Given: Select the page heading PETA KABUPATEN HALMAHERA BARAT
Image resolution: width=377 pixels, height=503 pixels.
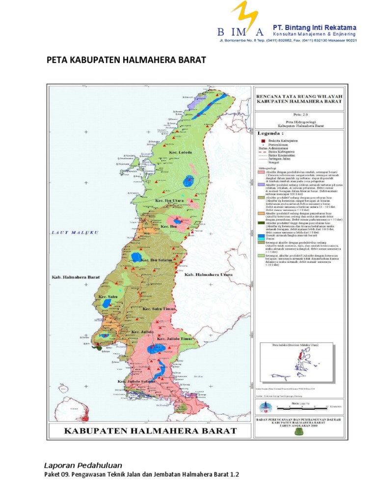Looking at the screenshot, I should [125, 60].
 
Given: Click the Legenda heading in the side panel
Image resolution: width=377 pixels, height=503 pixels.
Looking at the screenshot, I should [271, 133].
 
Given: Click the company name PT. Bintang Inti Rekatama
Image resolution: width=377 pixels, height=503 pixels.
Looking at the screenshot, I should [314, 27].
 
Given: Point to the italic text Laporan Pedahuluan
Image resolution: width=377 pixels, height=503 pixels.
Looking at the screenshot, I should [83, 465].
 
